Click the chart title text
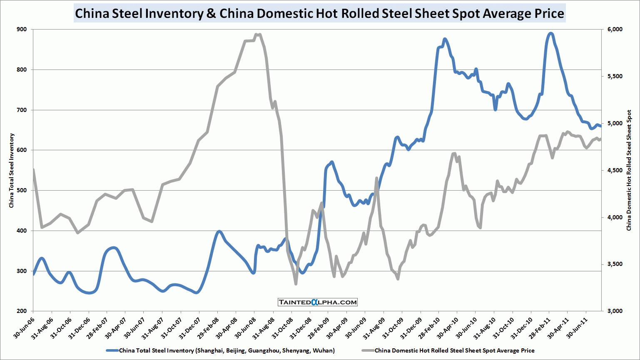coord(319,13)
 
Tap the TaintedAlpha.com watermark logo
coord(317,302)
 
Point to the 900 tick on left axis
coord(22,29)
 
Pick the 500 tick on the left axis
coord(22,190)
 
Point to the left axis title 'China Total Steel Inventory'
coord(12,170)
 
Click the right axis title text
coord(629,170)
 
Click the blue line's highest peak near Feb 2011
coord(550,33)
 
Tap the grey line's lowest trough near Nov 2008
coord(296,284)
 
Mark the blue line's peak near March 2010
coord(445,39)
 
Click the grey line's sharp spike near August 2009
coord(376,178)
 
